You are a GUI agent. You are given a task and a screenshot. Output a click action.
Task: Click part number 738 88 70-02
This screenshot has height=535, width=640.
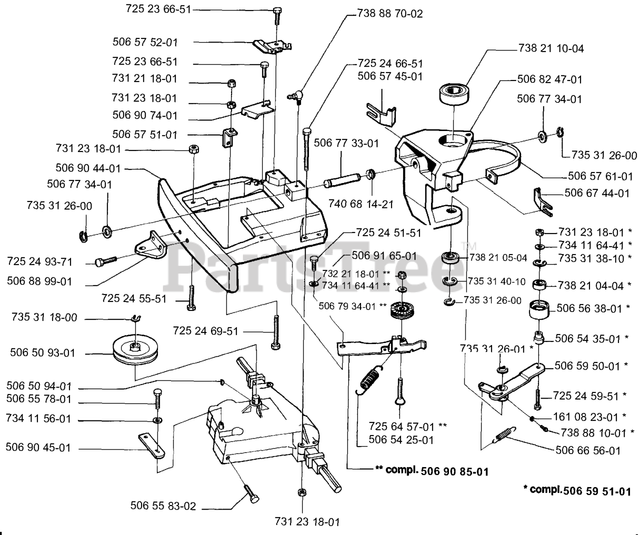(390, 13)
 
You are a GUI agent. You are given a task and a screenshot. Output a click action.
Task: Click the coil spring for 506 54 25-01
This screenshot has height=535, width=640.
(371, 380)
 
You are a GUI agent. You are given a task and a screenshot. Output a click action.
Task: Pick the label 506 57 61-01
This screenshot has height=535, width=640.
(600, 176)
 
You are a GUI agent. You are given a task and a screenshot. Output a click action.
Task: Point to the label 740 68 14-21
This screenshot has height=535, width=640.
(361, 203)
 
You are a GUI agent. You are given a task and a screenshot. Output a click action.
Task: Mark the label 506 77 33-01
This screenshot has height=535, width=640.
(346, 143)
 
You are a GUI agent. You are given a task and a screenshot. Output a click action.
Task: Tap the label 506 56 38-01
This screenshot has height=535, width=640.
(592, 308)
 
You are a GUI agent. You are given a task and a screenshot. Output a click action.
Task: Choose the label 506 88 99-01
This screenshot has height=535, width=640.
(39, 281)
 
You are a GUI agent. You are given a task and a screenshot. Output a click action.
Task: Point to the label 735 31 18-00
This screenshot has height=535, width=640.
(44, 317)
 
